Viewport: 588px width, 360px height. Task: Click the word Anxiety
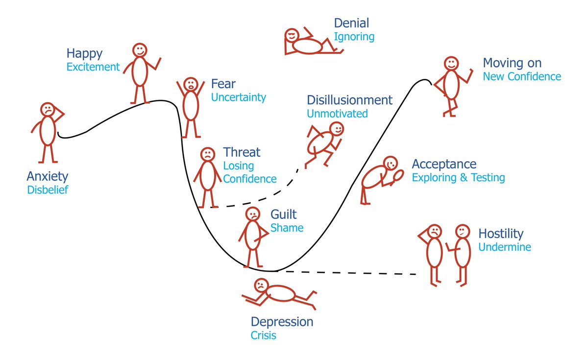[x=48, y=176]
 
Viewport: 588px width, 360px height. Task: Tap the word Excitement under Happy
[x=93, y=67]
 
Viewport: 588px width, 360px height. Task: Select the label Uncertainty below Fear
[x=239, y=97]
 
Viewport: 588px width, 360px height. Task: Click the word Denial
[x=351, y=23]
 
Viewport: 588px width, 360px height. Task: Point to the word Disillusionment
[x=349, y=100]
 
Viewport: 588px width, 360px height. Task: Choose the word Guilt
[x=284, y=215]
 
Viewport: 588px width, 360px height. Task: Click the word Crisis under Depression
[x=264, y=336]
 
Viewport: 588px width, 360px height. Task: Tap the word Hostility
[x=501, y=234]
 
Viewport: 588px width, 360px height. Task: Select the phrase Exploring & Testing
[x=458, y=177]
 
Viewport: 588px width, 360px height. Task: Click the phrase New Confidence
[x=522, y=76]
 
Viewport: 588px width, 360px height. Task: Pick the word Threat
[x=242, y=152]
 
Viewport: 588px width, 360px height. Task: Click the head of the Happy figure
[x=140, y=50]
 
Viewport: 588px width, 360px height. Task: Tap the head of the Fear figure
[x=191, y=84]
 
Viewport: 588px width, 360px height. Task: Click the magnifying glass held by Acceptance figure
[x=399, y=175]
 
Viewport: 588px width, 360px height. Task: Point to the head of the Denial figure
[x=292, y=36]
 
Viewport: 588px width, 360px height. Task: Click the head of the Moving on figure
[x=451, y=63]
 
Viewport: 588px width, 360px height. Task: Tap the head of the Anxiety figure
[x=48, y=109]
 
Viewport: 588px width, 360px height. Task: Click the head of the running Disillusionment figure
[x=337, y=129]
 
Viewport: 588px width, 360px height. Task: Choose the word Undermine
[x=505, y=247]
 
